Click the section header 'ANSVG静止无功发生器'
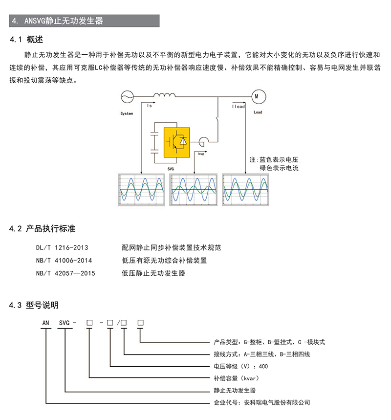[64, 21]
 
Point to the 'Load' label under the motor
[258, 112]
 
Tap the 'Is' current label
[149, 105]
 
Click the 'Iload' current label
[239, 106]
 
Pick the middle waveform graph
[194, 191]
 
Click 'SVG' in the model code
[65, 323]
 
